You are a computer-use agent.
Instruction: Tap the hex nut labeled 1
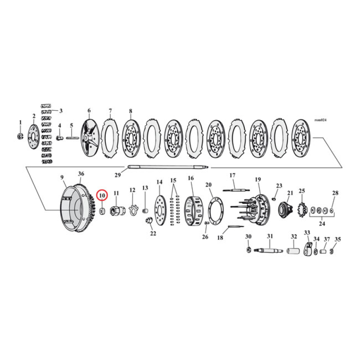[20, 135]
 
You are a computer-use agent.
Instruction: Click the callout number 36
[81, 174]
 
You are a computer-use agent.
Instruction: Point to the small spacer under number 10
[102, 210]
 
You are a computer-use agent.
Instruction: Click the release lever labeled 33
[308, 248]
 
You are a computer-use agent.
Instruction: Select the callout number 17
[233, 175]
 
